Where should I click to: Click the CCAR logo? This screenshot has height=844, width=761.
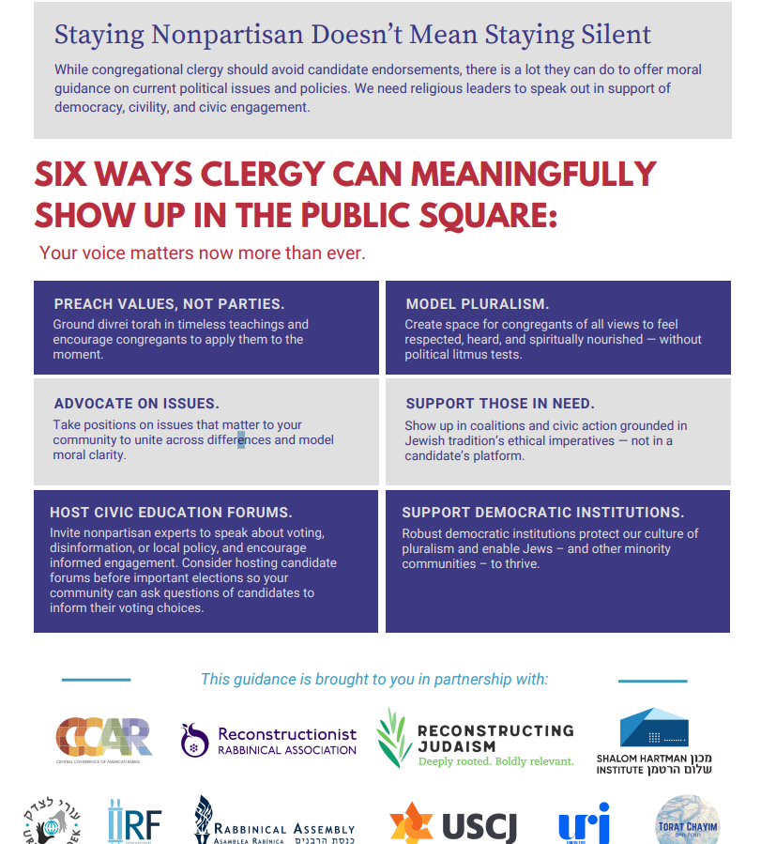click(x=103, y=738)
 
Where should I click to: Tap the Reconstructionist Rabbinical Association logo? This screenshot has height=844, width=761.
click(x=269, y=740)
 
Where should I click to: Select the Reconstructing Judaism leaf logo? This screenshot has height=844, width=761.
click(x=393, y=738)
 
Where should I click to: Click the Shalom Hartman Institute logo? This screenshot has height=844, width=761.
click(x=654, y=741)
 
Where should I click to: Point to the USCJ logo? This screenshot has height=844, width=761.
click(x=452, y=825)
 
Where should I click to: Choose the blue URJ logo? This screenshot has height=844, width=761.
click(x=585, y=823)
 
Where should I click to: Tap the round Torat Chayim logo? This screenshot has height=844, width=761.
click(x=689, y=820)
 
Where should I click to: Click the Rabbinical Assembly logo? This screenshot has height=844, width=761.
click(x=274, y=821)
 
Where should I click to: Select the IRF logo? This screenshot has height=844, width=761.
click(x=134, y=822)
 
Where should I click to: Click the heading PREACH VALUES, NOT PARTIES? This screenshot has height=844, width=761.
click(x=169, y=304)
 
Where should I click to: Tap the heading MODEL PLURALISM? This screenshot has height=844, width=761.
click(x=478, y=304)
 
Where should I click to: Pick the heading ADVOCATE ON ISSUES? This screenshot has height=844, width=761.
click(x=136, y=404)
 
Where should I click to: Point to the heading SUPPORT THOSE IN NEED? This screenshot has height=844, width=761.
click(x=500, y=404)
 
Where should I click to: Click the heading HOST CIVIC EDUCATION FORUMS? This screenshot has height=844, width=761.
click(x=171, y=513)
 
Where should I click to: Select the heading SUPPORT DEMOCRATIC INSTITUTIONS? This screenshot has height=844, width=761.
click(x=543, y=513)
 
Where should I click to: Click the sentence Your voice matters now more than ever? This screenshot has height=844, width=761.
click(x=203, y=253)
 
